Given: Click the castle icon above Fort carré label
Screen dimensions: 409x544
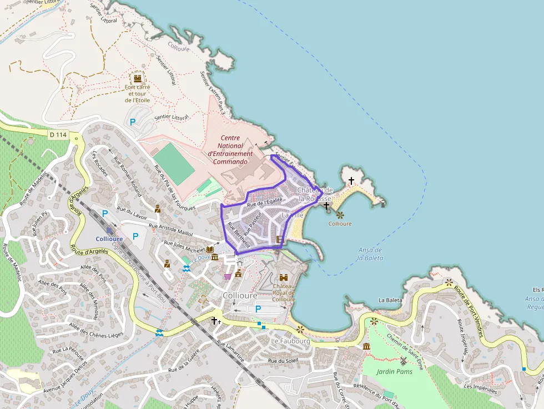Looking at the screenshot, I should pos(137,77).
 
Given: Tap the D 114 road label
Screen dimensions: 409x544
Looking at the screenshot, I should pos(57,134).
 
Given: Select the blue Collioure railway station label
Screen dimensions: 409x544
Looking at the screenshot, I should pos(109,239).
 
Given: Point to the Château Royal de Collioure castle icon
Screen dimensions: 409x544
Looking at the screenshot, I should pos(284,277).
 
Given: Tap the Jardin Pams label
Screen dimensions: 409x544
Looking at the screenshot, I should pos(394,371).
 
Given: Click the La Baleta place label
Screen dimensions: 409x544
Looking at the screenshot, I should pos(390,300).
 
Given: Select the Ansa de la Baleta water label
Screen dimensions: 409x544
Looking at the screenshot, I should pos(370,254).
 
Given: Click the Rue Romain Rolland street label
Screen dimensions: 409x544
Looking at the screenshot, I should pos(128,176).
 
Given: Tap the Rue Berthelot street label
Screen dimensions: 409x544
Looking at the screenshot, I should pos(239,235).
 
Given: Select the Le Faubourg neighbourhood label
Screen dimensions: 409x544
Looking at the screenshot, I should pos(291,341).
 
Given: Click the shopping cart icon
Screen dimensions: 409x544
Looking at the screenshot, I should pos(227,276).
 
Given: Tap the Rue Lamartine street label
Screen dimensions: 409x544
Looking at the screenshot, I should pos(230,351).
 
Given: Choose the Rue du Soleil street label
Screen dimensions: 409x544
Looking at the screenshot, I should pos(283,360).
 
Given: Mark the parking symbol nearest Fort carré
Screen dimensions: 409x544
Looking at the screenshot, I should pos(132,122).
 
